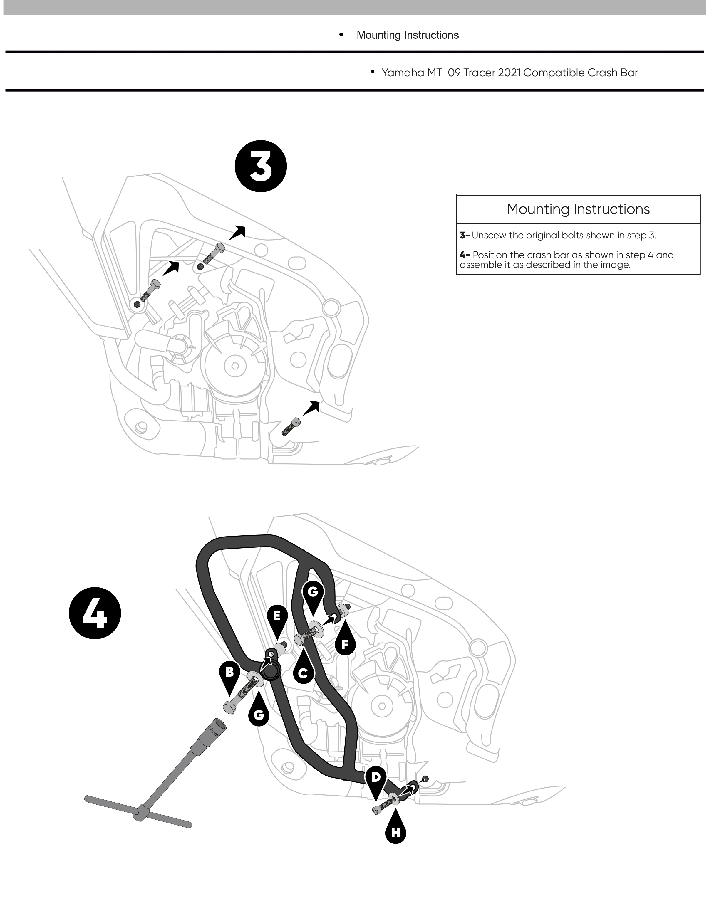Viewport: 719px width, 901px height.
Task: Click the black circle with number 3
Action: pyautogui.click(x=261, y=166)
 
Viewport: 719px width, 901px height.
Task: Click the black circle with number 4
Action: pyautogui.click(x=95, y=613)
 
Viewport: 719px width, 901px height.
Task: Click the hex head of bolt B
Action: pyautogui.click(x=229, y=707)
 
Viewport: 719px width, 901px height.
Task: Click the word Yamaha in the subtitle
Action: pyautogui.click(x=403, y=73)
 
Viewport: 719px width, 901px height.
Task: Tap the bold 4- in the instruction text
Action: pyautogui.click(x=465, y=255)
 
